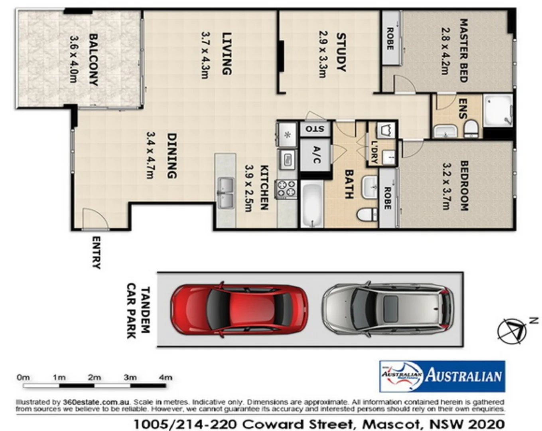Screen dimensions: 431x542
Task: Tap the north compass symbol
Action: click(x=512, y=331)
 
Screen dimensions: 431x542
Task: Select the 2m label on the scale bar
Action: click(x=95, y=377)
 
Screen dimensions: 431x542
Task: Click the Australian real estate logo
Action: click(x=442, y=376)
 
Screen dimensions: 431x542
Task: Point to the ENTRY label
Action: click(x=96, y=253)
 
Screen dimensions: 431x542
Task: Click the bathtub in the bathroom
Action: click(x=311, y=204)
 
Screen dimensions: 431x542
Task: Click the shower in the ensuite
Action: click(x=498, y=111)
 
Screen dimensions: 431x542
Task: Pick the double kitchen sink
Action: click(x=225, y=192)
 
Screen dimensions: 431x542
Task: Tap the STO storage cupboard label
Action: click(x=315, y=129)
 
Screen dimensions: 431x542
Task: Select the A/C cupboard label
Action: click(x=316, y=155)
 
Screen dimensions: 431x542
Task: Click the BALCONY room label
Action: click(x=93, y=59)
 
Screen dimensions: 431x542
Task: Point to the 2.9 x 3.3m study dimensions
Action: click(x=322, y=54)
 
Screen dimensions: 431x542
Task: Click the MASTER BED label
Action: click(x=463, y=50)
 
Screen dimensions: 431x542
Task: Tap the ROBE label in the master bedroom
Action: click(x=390, y=39)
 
